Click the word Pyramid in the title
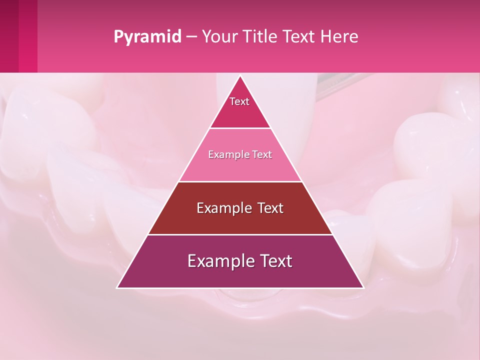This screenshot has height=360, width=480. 147,37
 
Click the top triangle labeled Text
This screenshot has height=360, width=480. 240,107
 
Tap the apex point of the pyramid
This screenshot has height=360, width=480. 240,76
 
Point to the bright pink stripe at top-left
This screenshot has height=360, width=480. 28,36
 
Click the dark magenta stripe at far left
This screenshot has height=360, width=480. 9,36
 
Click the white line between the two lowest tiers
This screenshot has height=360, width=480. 240,234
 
